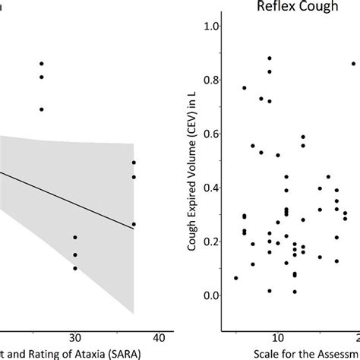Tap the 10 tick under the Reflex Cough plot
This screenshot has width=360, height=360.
click(x=277, y=336)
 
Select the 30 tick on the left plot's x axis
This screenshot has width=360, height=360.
click(x=74, y=336)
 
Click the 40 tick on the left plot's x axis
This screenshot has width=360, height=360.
click(x=159, y=336)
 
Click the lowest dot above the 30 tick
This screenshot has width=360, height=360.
click(x=75, y=268)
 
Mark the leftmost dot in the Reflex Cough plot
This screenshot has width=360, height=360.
click(x=235, y=278)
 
